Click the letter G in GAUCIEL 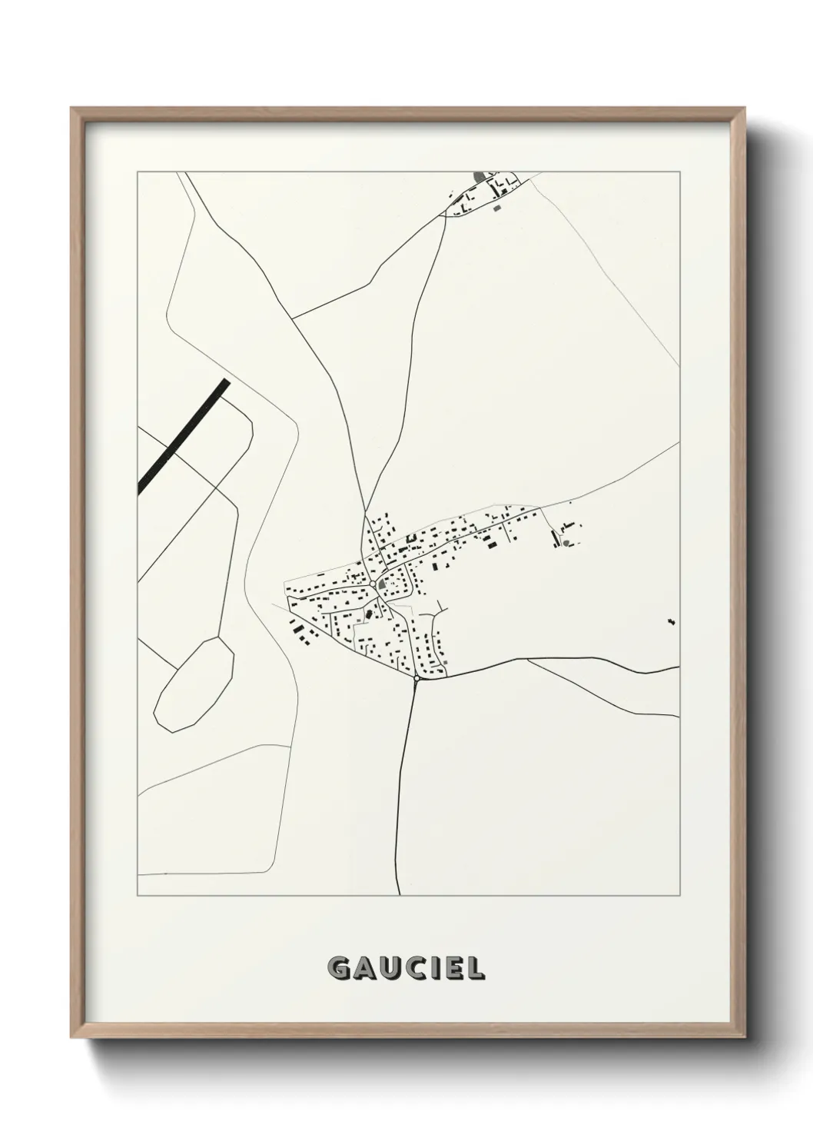(339, 969)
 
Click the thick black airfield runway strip (184, 435)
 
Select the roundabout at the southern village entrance (416, 678)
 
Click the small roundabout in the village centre (373, 584)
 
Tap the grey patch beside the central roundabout (382, 584)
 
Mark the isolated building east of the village (671, 621)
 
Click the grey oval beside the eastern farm (567, 543)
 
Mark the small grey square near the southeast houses (443, 662)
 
